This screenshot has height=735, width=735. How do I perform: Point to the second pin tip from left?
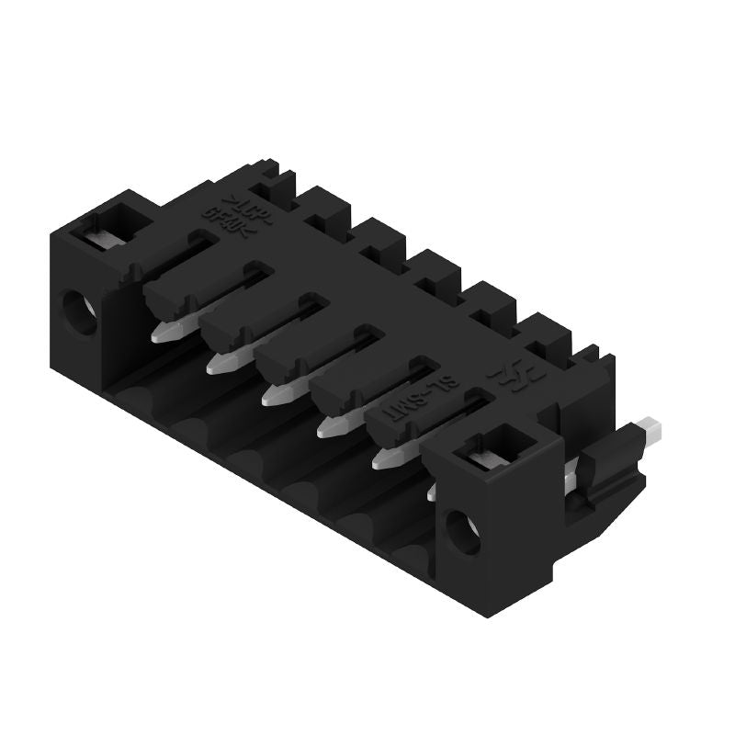click(x=221, y=362)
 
